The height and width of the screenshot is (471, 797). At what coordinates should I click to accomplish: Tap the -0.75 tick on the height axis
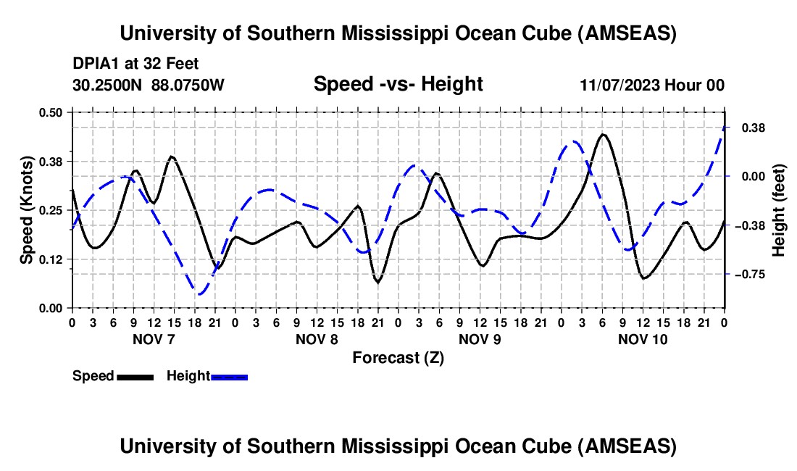[x=753, y=275]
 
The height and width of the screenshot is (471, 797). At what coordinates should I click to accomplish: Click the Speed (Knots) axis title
[x=26, y=210]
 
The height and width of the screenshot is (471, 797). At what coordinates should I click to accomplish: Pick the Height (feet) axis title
[x=779, y=210]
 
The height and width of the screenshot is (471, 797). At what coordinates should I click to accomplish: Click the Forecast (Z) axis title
[x=398, y=357]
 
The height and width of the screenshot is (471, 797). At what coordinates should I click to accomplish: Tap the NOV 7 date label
[x=153, y=339]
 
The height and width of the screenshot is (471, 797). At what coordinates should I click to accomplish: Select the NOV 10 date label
[x=643, y=339]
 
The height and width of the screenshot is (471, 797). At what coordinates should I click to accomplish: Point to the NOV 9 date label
[x=480, y=339]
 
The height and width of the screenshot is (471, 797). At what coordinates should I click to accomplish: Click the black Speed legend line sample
[x=135, y=377]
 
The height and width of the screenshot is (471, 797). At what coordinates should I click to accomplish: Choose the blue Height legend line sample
[x=229, y=377]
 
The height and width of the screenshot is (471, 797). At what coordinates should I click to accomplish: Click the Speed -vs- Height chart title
[x=398, y=84]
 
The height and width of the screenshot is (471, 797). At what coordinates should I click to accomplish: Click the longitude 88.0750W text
[x=188, y=85]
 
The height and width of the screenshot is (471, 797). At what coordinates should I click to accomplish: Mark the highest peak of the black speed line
[x=603, y=134]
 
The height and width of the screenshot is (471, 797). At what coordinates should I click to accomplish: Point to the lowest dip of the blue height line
[x=199, y=294]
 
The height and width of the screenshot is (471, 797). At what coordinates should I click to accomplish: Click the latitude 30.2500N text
[x=109, y=85]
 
